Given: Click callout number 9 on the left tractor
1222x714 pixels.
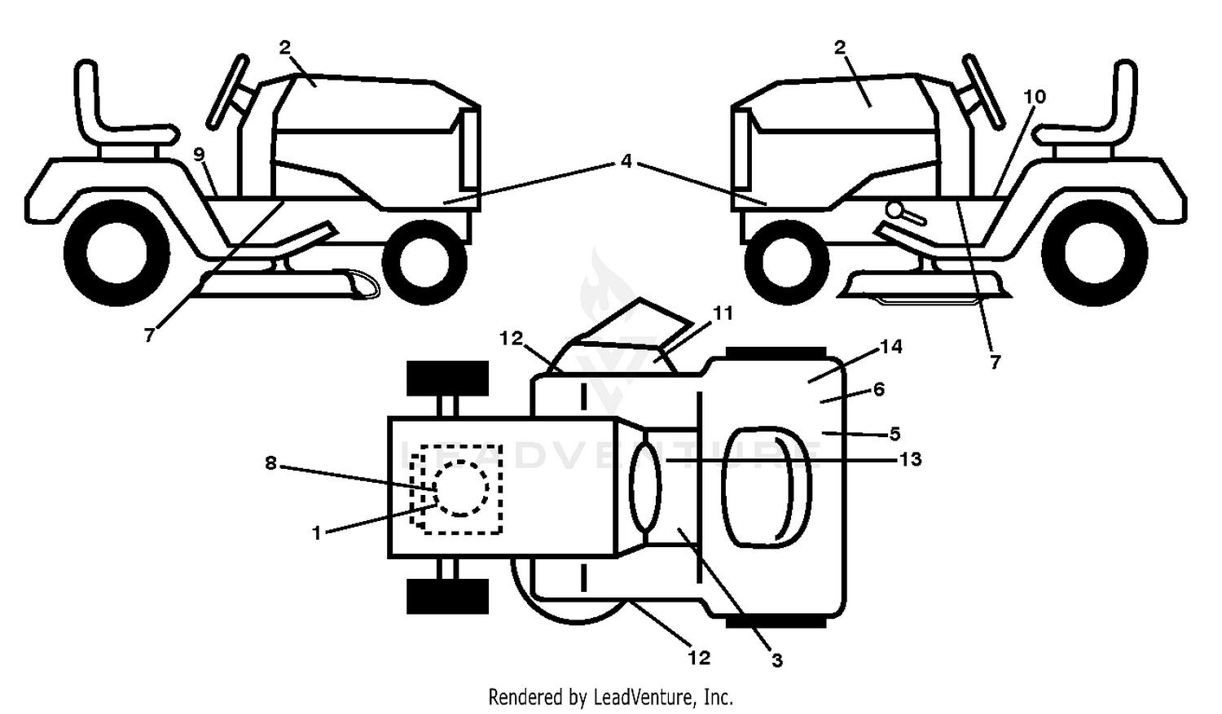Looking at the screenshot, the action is coord(200,154).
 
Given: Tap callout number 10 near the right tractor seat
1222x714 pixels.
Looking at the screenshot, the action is coord(1035,97).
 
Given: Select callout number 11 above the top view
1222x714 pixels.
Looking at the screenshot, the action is coord(723,314).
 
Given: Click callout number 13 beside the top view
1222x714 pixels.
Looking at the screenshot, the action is coord(910,459).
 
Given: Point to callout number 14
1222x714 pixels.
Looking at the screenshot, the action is coord(891,346).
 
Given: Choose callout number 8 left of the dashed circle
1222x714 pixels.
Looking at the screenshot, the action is coord(270,463).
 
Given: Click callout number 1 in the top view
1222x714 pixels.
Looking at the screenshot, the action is coord(317,532).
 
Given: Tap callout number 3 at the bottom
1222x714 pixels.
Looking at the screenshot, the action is coord(777,660).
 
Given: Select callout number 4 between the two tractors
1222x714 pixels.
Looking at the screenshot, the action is coord(626,160).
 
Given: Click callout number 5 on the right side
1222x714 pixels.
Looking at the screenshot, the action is coord(895,434).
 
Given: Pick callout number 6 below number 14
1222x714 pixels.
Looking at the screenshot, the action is coord(878,389).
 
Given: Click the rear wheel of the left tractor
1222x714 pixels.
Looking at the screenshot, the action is coord(116,254).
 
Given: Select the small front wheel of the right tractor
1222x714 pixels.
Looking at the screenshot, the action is coord(787,263).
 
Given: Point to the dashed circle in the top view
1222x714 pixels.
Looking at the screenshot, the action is coord(461,488).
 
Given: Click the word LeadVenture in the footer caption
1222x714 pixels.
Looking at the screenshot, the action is coord(644,697).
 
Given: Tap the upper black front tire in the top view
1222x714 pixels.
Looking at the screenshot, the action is coord(448,379).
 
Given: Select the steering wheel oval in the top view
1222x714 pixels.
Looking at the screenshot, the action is coord(646,487).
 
